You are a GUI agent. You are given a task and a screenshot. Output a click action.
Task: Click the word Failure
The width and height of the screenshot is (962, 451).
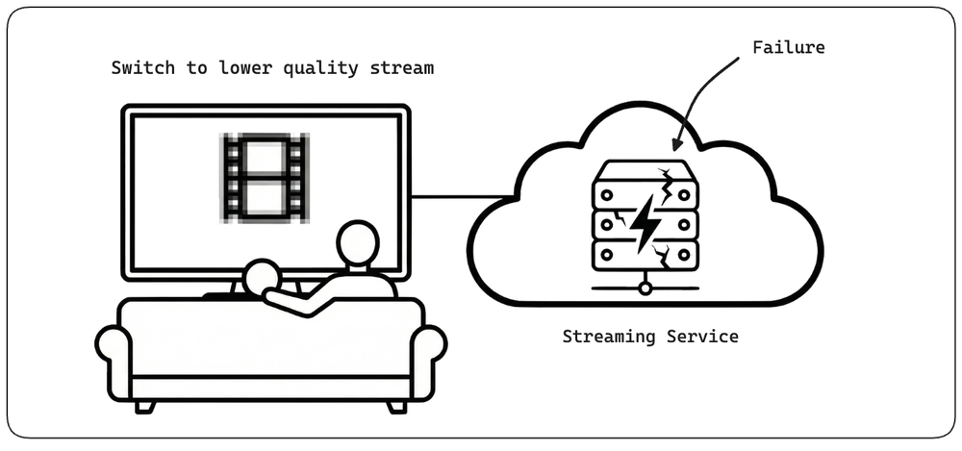pyautogui.click(x=789, y=47)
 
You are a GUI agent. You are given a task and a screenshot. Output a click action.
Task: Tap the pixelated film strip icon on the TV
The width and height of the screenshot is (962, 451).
pyautogui.click(x=265, y=177)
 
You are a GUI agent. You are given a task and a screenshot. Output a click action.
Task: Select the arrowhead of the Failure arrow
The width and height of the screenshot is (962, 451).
pyautogui.click(x=676, y=143)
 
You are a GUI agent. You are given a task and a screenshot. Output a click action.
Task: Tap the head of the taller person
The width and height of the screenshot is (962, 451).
pyautogui.click(x=358, y=243)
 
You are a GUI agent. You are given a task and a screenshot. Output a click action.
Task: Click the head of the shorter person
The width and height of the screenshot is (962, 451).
pyautogui.click(x=262, y=278)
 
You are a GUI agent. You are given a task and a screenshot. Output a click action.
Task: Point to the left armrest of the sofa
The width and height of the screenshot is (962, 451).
pyautogui.click(x=114, y=362)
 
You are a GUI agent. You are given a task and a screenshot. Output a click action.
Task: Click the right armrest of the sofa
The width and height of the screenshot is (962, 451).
pyautogui.click(x=428, y=362)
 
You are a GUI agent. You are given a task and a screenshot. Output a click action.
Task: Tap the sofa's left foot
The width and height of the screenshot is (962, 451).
pyautogui.click(x=145, y=406)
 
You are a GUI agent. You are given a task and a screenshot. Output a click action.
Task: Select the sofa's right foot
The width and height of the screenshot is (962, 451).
pyautogui.click(x=397, y=406)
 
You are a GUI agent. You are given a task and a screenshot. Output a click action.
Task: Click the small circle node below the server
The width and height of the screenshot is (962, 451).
pyautogui.click(x=645, y=288)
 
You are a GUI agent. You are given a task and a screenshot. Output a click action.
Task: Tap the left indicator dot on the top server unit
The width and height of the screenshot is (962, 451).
pyautogui.click(x=606, y=194)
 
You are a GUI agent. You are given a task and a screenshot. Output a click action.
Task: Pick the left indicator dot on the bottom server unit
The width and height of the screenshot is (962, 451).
pyautogui.click(x=606, y=254)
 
